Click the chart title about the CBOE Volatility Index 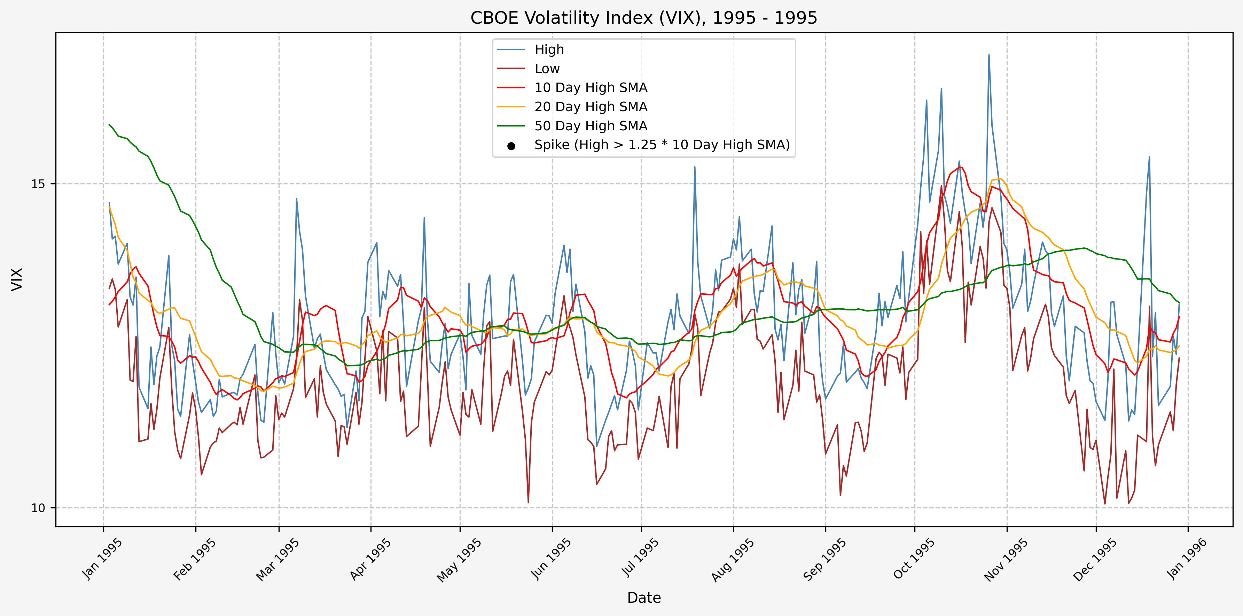(644, 18)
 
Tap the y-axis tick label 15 (38, 184)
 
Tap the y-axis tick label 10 (38, 508)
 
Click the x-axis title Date (644, 598)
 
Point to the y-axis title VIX (17, 279)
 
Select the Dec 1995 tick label (1094, 560)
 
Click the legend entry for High (549, 50)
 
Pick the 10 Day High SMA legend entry (591, 88)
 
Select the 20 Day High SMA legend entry (591, 107)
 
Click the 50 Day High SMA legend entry (591, 126)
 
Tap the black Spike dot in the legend (511, 146)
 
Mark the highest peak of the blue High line (989, 55)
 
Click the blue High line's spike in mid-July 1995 (694, 167)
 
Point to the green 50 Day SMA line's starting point (109, 124)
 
